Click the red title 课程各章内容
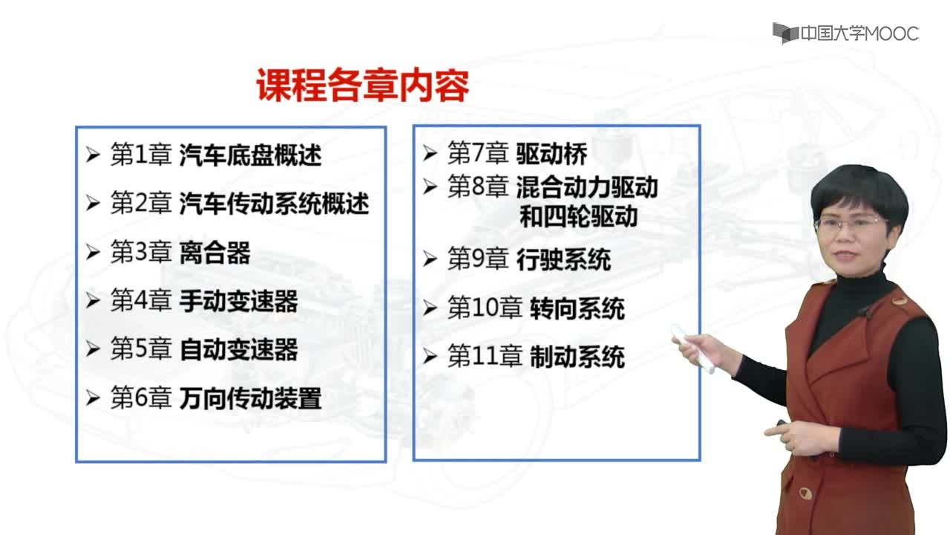point(363,85)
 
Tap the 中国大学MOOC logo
point(845,33)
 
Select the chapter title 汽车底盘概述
point(250,155)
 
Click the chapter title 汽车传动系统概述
point(274,204)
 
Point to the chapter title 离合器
point(214,252)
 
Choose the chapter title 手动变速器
point(238,301)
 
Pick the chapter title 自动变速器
point(238,349)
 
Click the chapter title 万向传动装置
point(250,398)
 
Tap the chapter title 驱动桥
point(551,153)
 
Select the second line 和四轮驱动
point(578,216)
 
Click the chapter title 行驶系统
point(563,259)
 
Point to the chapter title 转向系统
point(577,308)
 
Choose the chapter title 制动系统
point(577,357)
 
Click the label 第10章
point(485,308)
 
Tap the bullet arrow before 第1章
point(93,155)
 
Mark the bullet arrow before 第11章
point(430,357)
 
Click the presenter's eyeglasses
point(851,224)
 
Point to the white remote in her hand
point(692,348)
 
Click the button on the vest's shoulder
point(898,301)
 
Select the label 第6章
point(141,398)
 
